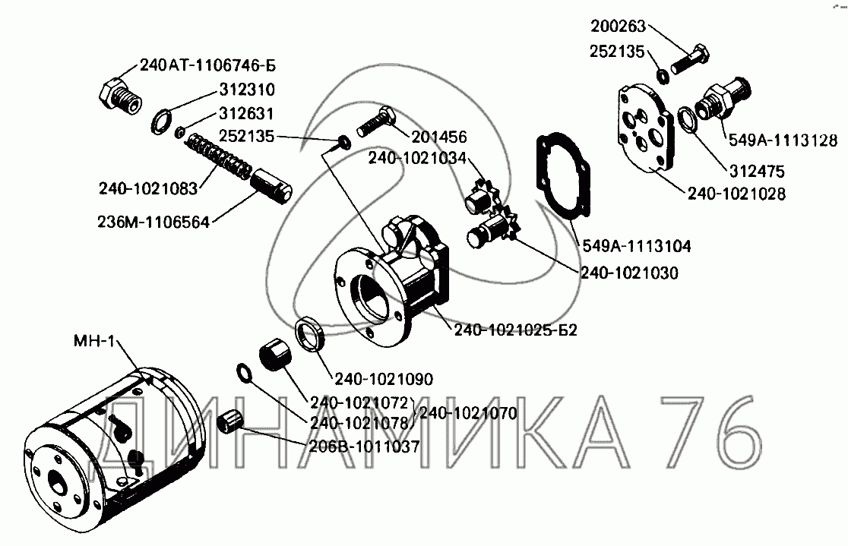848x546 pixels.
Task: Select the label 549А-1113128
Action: point(783,140)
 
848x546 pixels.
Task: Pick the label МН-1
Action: point(94,342)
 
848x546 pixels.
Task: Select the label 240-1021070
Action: point(467,414)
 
